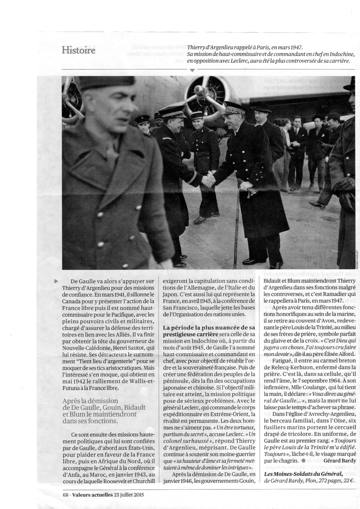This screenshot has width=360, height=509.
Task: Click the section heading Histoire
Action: tap(78, 50)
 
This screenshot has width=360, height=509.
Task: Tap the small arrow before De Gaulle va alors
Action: tap(56, 281)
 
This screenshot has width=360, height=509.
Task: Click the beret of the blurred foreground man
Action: tap(96, 83)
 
